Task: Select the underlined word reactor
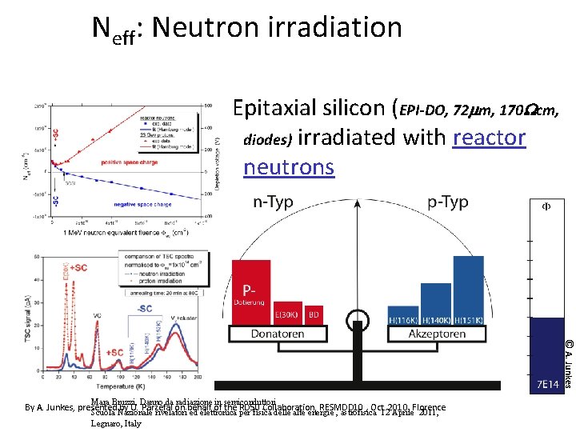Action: click(x=489, y=138)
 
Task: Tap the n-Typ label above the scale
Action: click(x=273, y=202)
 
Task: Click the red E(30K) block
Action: click(x=288, y=314)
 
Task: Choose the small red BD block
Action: click(x=314, y=314)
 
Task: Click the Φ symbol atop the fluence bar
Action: click(x=546, y=206)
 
